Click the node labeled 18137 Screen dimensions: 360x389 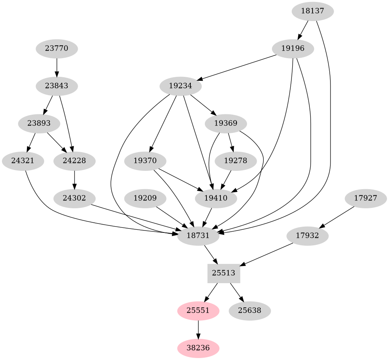[313, 11]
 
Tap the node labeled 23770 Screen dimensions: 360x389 [57, 49]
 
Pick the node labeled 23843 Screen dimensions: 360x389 [57, 86]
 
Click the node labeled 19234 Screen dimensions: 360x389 [181, 86]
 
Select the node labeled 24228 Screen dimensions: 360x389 [74, 161]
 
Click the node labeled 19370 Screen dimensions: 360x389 [145, 161]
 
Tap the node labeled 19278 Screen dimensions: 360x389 [236, 161]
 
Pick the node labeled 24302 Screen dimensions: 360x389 [74, 198]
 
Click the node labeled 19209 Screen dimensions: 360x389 [145, 198]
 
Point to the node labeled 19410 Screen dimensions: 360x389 [216, 198]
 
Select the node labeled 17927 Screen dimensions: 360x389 [366, 198]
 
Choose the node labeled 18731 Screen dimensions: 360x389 [198, 236]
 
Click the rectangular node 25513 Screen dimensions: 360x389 [224, 273]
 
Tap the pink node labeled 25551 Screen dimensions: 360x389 [198, 310]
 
